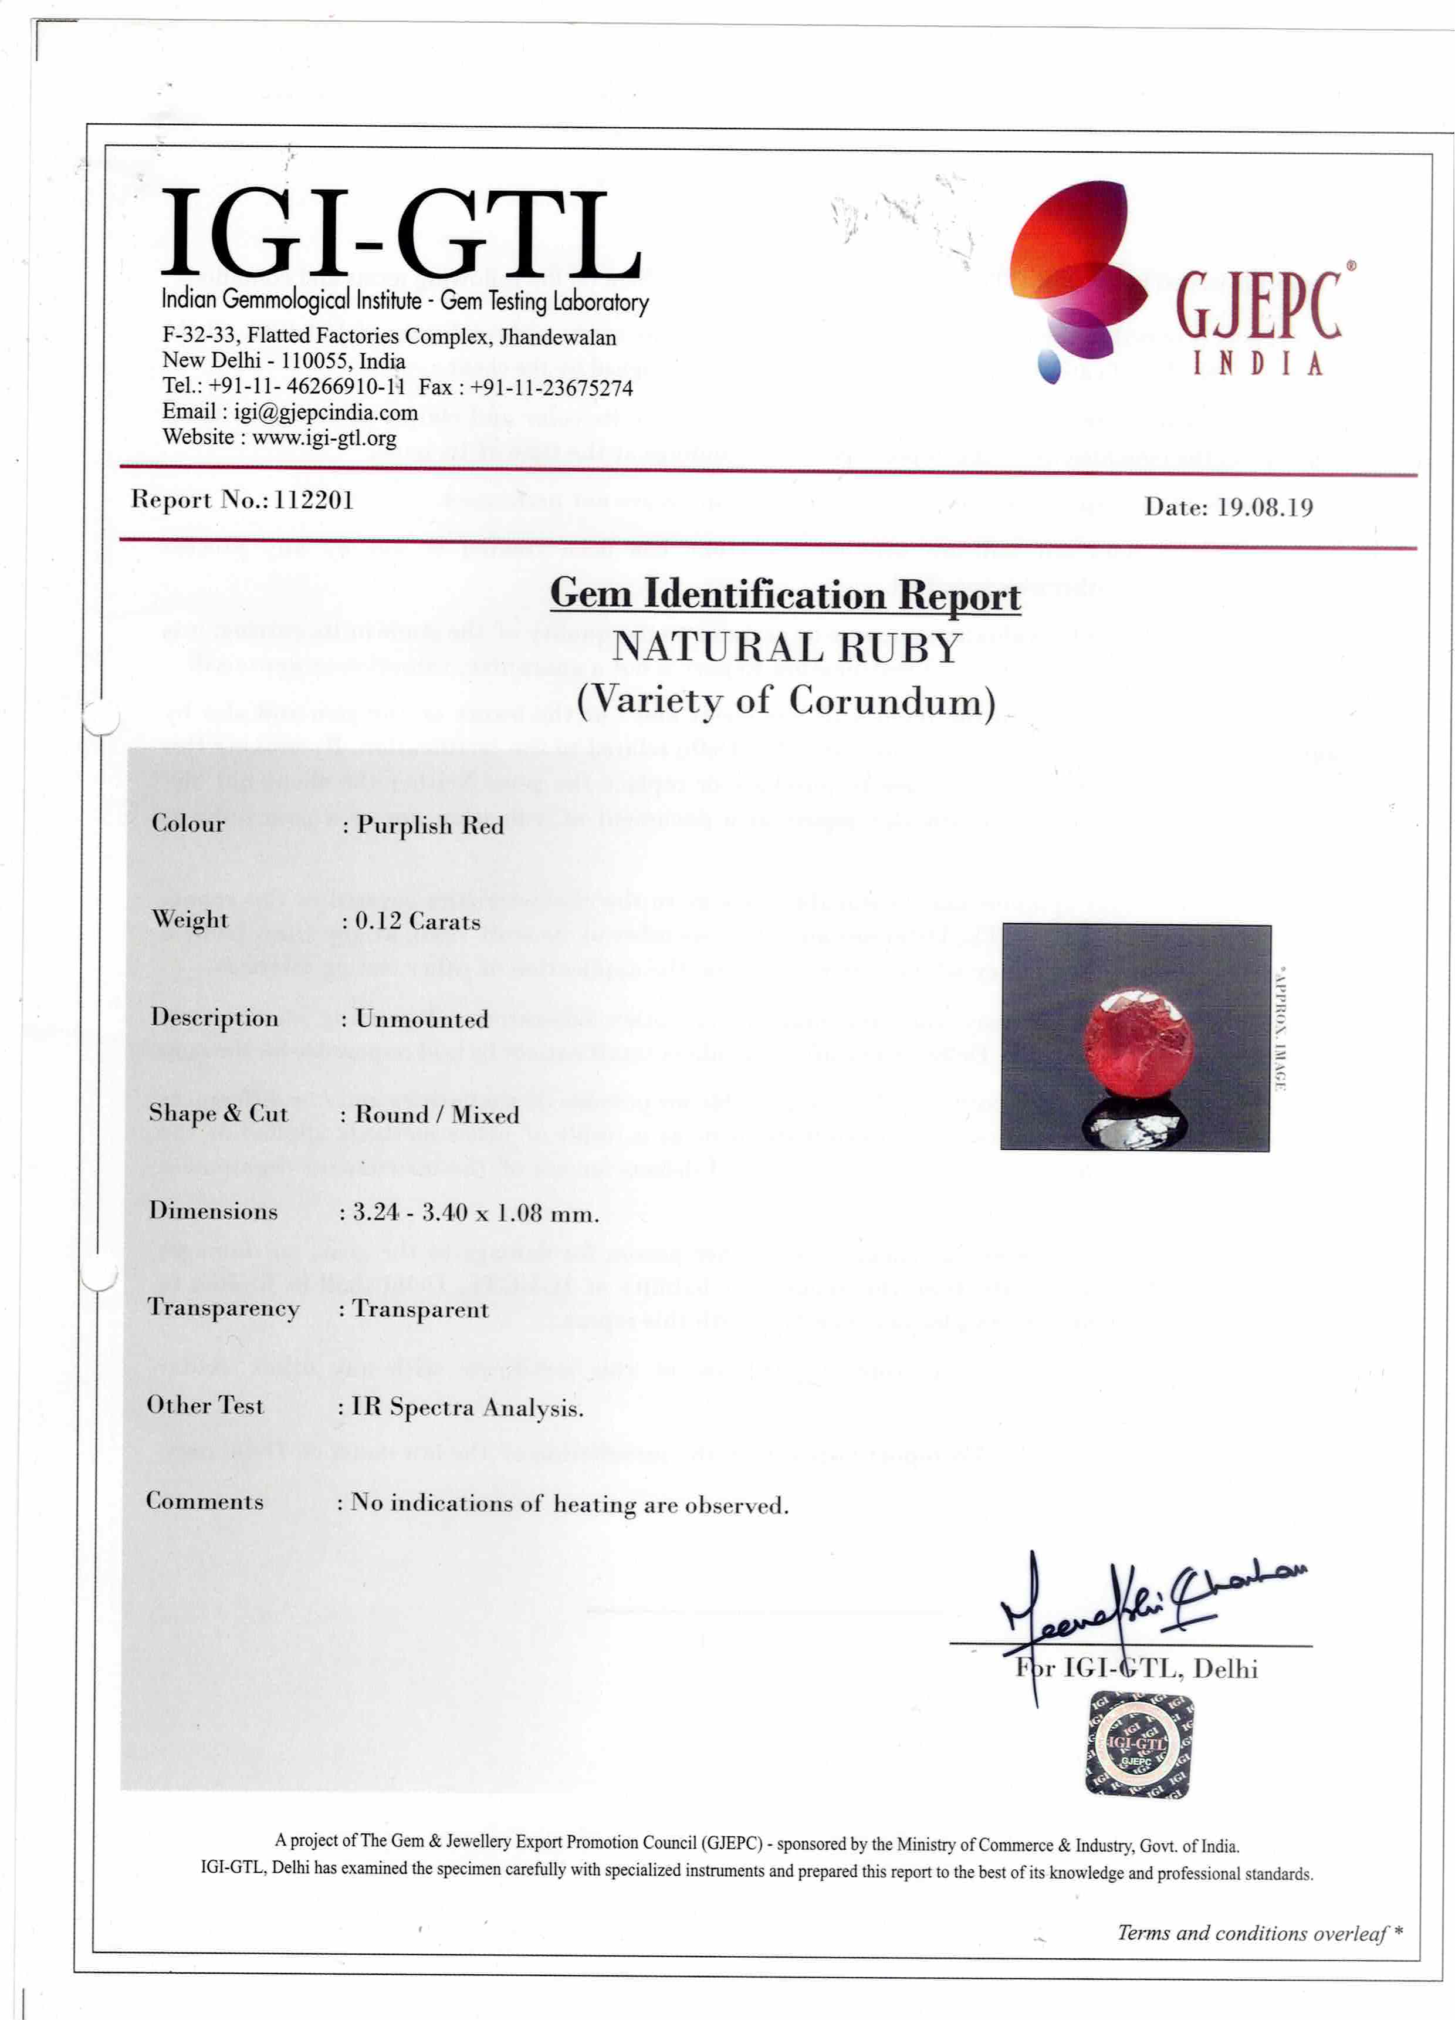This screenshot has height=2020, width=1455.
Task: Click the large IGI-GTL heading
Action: (401, 234)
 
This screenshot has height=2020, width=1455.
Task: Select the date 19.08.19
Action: (1264, 508)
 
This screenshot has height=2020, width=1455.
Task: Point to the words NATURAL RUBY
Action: (786, 647)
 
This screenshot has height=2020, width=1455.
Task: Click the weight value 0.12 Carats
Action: (418, 922)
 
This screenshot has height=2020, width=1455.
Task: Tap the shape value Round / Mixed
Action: (436, 1115)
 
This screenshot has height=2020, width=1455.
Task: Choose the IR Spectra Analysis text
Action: (468, 1407)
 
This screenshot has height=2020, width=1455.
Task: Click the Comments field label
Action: (205, 1502)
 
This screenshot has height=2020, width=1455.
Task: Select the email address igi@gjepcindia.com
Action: (325, 413)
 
